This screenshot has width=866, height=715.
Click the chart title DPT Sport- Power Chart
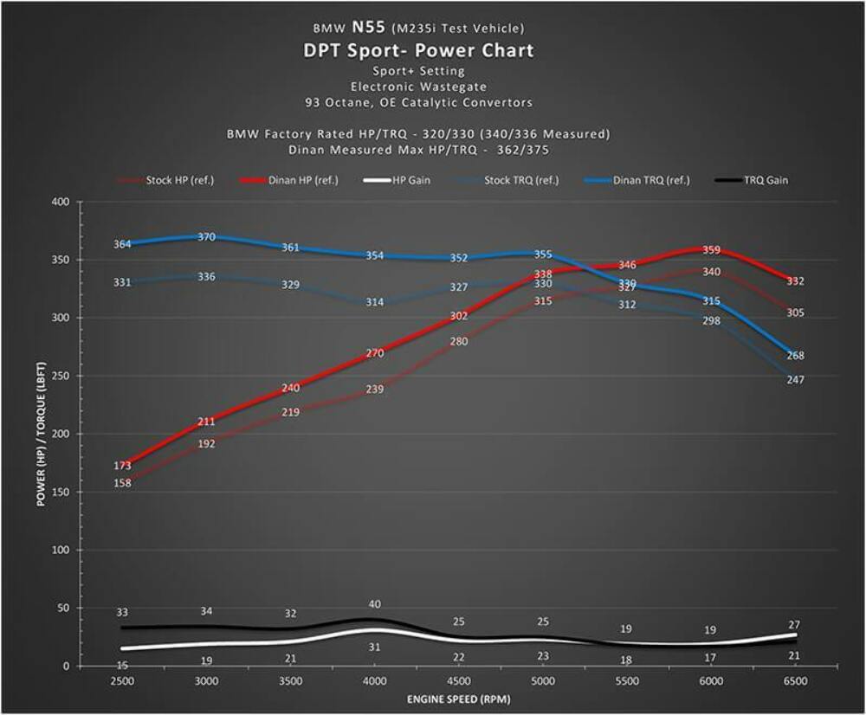[418, 50]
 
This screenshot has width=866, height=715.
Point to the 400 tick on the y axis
[60, 202]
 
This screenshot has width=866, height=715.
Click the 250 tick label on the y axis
[60, 376]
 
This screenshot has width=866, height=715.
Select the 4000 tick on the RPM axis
[375, 681]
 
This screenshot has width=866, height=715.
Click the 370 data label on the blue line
[206, 237]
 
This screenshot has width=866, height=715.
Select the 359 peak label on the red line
[711, 249]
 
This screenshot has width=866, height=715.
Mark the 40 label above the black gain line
[374, 604]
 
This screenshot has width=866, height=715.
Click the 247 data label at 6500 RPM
[796, 379]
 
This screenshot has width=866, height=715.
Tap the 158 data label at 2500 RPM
[122, 482]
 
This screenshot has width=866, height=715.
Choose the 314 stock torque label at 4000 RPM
[374, 302]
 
